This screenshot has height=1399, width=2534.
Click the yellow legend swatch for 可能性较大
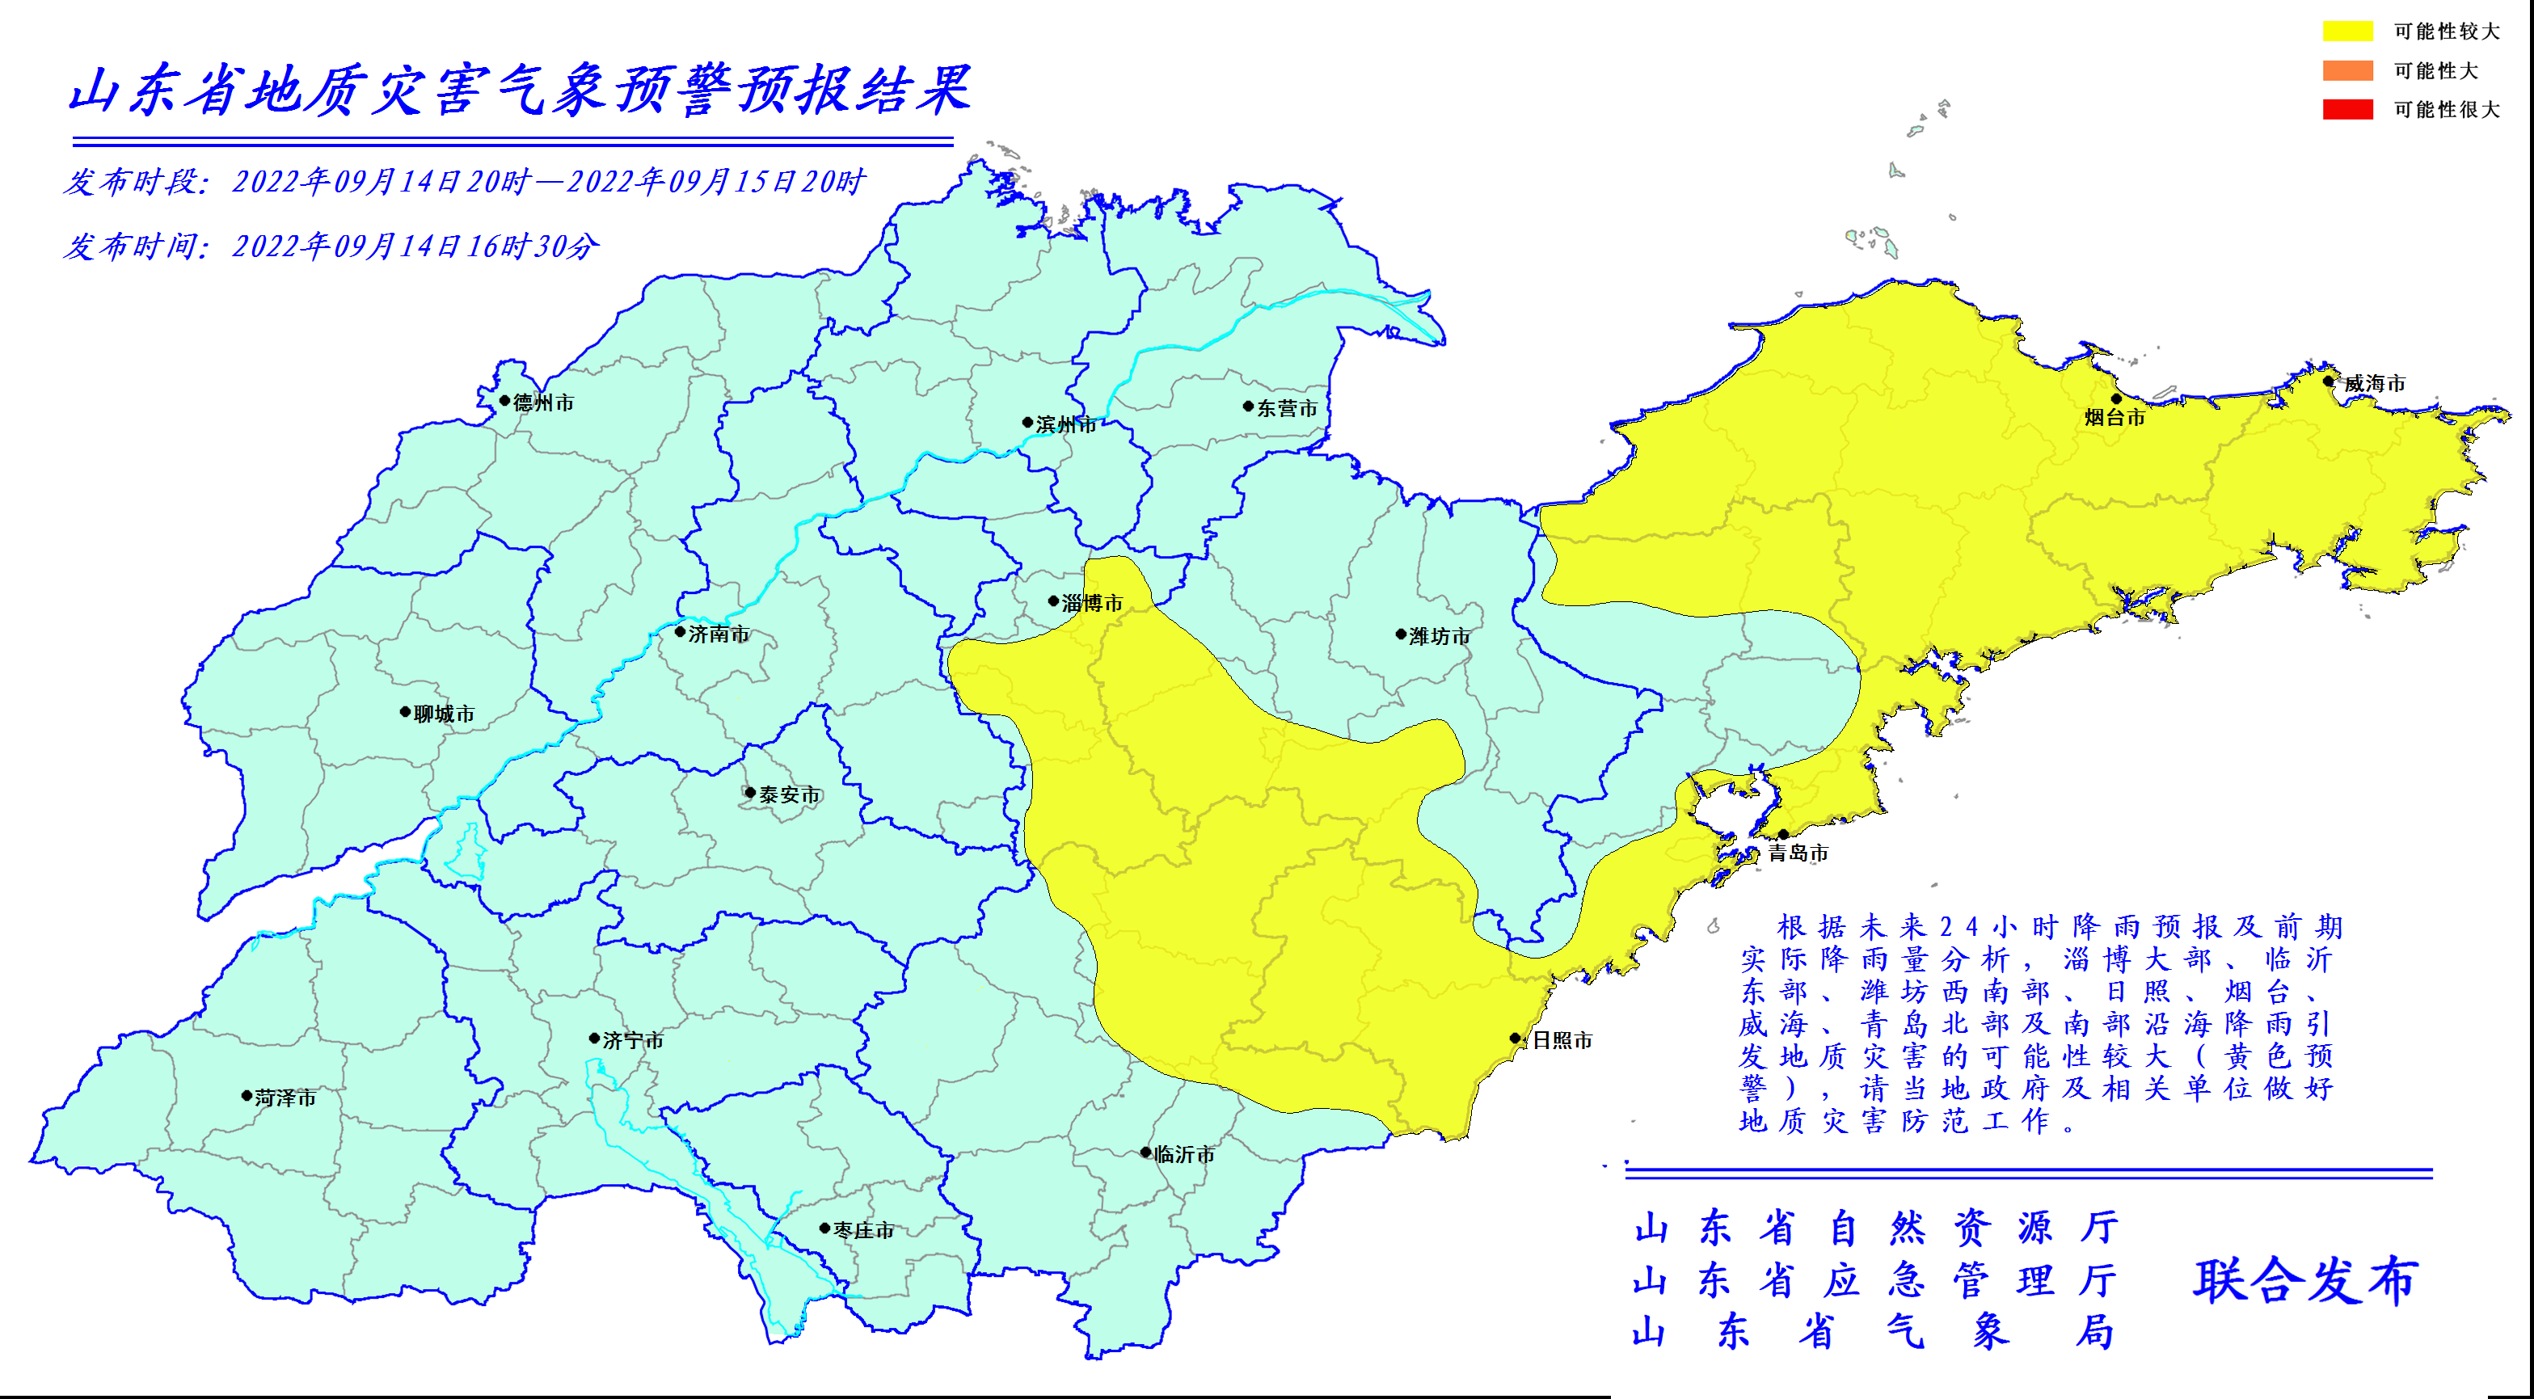[x=2347, y=32]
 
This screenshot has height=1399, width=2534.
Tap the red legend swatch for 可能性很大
[x=2347, y=109]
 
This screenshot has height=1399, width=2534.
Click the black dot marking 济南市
[x=680, y=632]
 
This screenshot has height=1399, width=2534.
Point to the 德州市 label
[x=543, y=402]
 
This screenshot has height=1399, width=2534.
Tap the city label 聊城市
[x=444, y=714]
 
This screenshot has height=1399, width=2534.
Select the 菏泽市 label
[x=285, y=1098]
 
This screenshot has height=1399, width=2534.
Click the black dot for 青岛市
[x=1783, y=834]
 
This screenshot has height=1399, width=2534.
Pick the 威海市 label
[x=2374, y=384]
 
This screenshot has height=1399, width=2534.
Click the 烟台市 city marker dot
[x=2116, y=398]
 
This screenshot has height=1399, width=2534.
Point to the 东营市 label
[x=1287, y=408]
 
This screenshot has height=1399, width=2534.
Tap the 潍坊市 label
[x=1439, y=637]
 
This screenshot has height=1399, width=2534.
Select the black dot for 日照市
[x=1515, y=1038]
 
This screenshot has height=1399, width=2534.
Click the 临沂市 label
[x=1183, y=1154]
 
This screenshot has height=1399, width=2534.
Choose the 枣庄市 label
[x=864, y=1230]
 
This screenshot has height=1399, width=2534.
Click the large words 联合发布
[x=2304, y=1281]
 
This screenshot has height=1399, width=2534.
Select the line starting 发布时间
[x=331, y=246]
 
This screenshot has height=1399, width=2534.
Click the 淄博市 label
[x=1092, y=603]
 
